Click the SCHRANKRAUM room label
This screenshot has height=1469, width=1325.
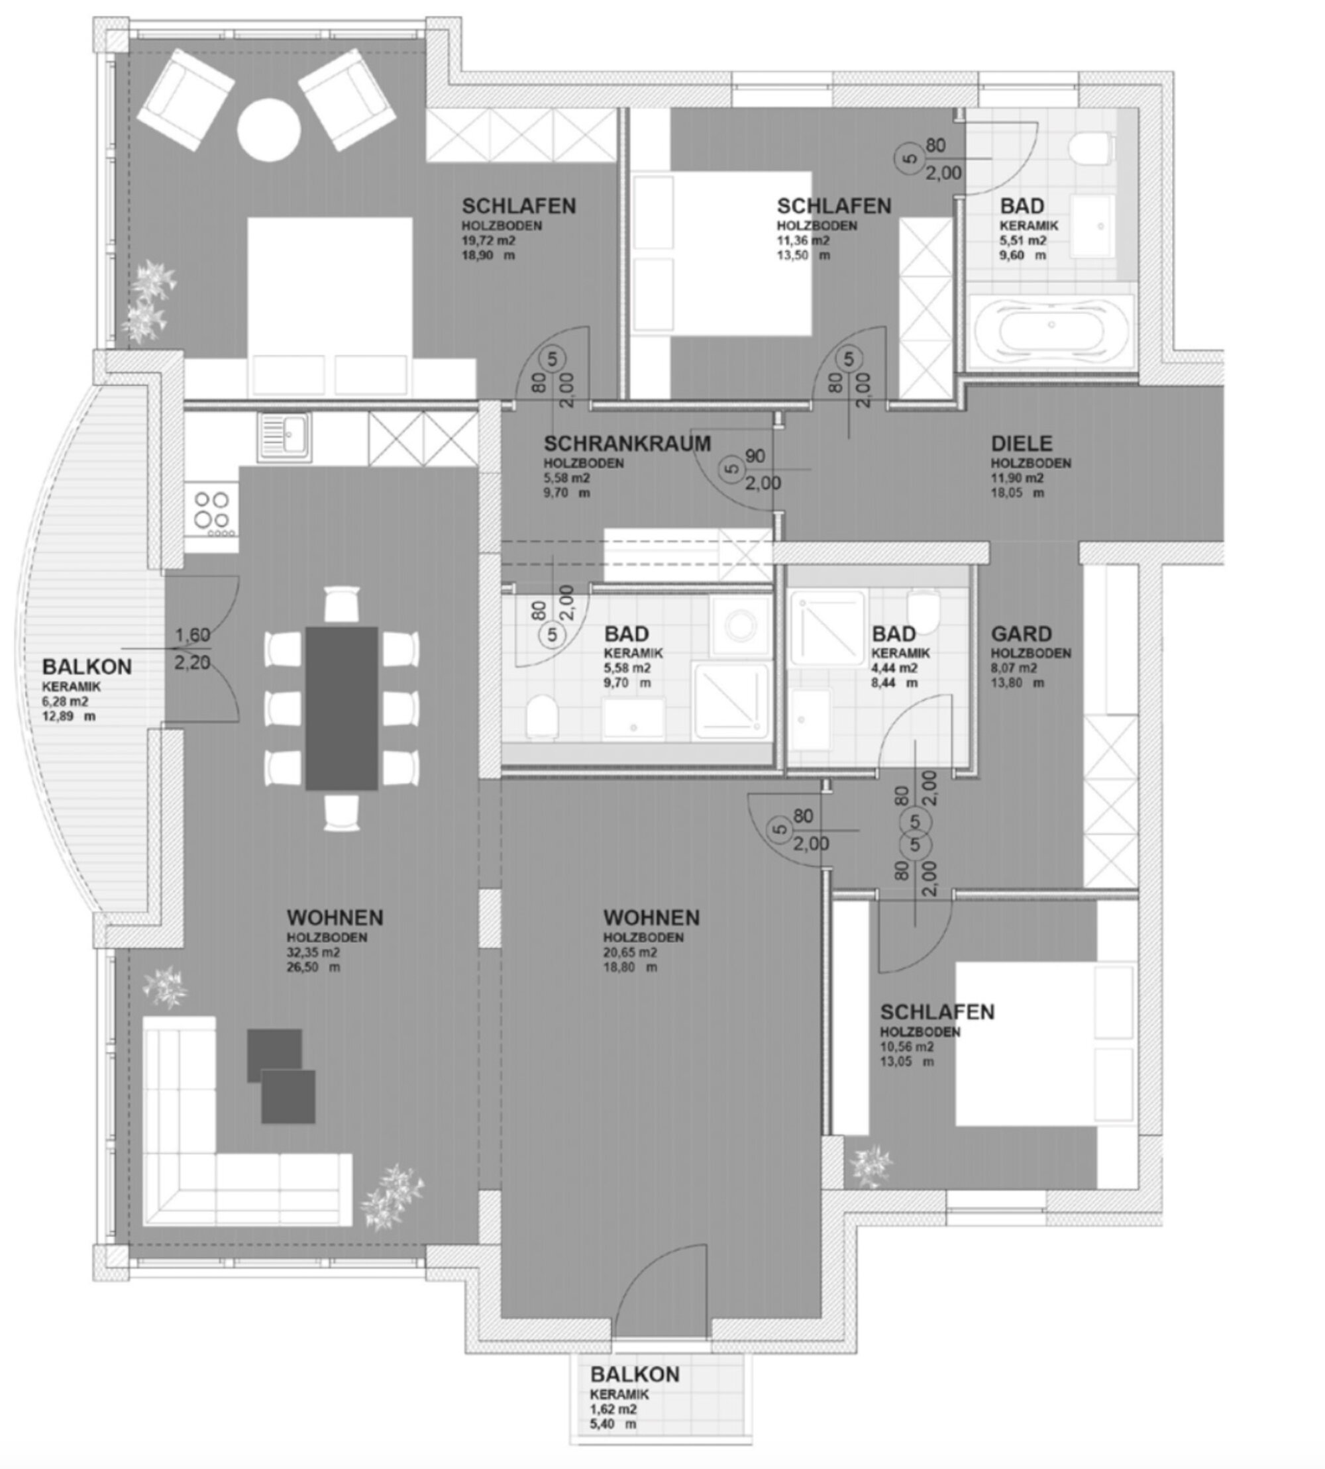pyautogui.click(x=627, y=443)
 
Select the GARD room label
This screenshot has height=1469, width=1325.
pyautogui.click(x=1022, y=634)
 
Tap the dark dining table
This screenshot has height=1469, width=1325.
pyautogui.click(x=341, y=707)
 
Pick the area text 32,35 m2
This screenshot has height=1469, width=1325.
pyautogui.click(x=313, y=952)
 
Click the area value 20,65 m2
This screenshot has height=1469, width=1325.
pyautogui.click(x=630, y=952)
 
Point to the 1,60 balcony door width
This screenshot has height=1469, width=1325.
pyautogui.click(x=192, y=634)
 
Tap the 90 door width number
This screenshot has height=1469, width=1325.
pyautogui.click(x=755, y=456)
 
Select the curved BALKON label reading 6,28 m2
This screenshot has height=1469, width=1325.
pyautogui.click(x=87, y=666)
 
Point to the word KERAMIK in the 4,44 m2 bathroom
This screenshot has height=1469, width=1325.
pyautogui.click(x=900, y=653)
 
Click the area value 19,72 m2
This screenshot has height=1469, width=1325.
pyautogui.click(x=488, y=240)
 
